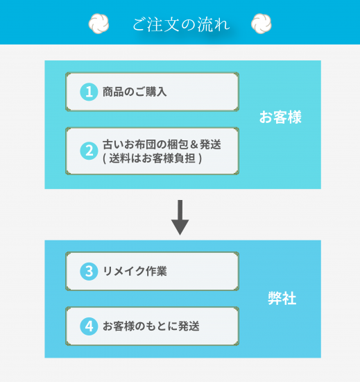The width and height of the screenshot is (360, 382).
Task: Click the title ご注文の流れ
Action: [181, 24]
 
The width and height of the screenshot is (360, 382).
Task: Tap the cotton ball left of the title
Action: [98, 24]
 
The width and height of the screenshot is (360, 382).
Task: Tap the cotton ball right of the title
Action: [262, 24]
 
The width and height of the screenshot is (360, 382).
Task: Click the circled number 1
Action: [89, 92]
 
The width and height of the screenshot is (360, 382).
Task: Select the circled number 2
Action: [89, 151]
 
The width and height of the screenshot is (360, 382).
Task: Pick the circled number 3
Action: [89, 271]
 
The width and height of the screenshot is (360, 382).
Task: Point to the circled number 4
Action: [89, 326]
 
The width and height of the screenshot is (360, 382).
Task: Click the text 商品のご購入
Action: [135, 92]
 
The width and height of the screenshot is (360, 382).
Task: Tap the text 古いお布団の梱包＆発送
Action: [162, 144]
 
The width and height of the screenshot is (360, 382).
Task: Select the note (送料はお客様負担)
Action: [153, 158]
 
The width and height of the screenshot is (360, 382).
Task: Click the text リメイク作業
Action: [135, 271]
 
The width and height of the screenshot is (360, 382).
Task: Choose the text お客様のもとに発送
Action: [151, 326]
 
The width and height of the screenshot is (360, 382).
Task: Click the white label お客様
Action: [280, 117]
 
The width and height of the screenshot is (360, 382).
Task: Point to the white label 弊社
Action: [282, 298]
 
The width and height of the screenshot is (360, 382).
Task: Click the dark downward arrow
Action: [180, 217]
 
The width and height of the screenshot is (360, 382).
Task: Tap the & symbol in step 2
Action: [194, 144]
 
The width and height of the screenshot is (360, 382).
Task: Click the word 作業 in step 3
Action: [156, 271]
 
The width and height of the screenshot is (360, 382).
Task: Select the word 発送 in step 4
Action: [189, 326]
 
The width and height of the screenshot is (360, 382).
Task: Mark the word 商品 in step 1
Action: [113, 92]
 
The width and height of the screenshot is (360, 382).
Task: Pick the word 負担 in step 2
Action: [185, 158]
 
